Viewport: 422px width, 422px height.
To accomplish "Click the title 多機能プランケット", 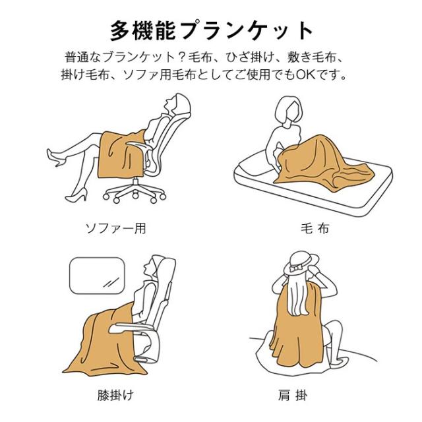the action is pos(212,31).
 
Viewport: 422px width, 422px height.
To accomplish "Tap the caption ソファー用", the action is pos(116,229).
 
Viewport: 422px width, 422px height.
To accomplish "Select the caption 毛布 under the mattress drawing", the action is pos(315,229).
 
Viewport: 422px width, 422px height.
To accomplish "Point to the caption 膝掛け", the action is pos(116,396).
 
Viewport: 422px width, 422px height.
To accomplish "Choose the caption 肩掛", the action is pos(293,396).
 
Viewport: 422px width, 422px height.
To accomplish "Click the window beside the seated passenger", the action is pos(97,276).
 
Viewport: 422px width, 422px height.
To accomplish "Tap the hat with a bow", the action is pos(301,263).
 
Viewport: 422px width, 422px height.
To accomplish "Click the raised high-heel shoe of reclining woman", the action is pos(56,158).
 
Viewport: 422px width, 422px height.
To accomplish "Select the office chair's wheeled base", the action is pos(135,192).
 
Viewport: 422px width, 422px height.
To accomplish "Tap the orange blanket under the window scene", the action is pos(107,344).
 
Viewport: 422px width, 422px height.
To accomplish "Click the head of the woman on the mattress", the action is pos(289,110).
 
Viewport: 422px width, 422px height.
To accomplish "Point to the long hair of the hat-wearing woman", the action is pos(298,296).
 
